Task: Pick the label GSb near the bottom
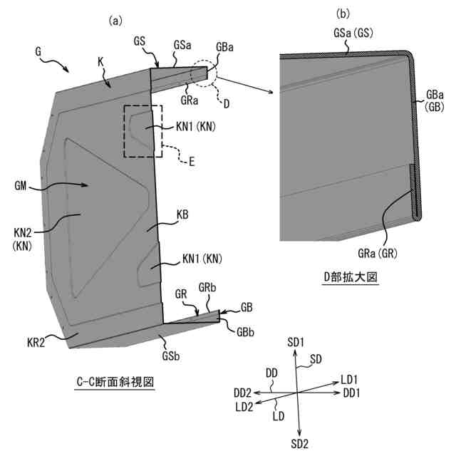(x=171, y=354)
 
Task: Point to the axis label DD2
(x=241, y=393)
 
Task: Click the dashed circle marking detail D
(x=205, y=73)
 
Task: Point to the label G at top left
(x=38, y=52)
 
